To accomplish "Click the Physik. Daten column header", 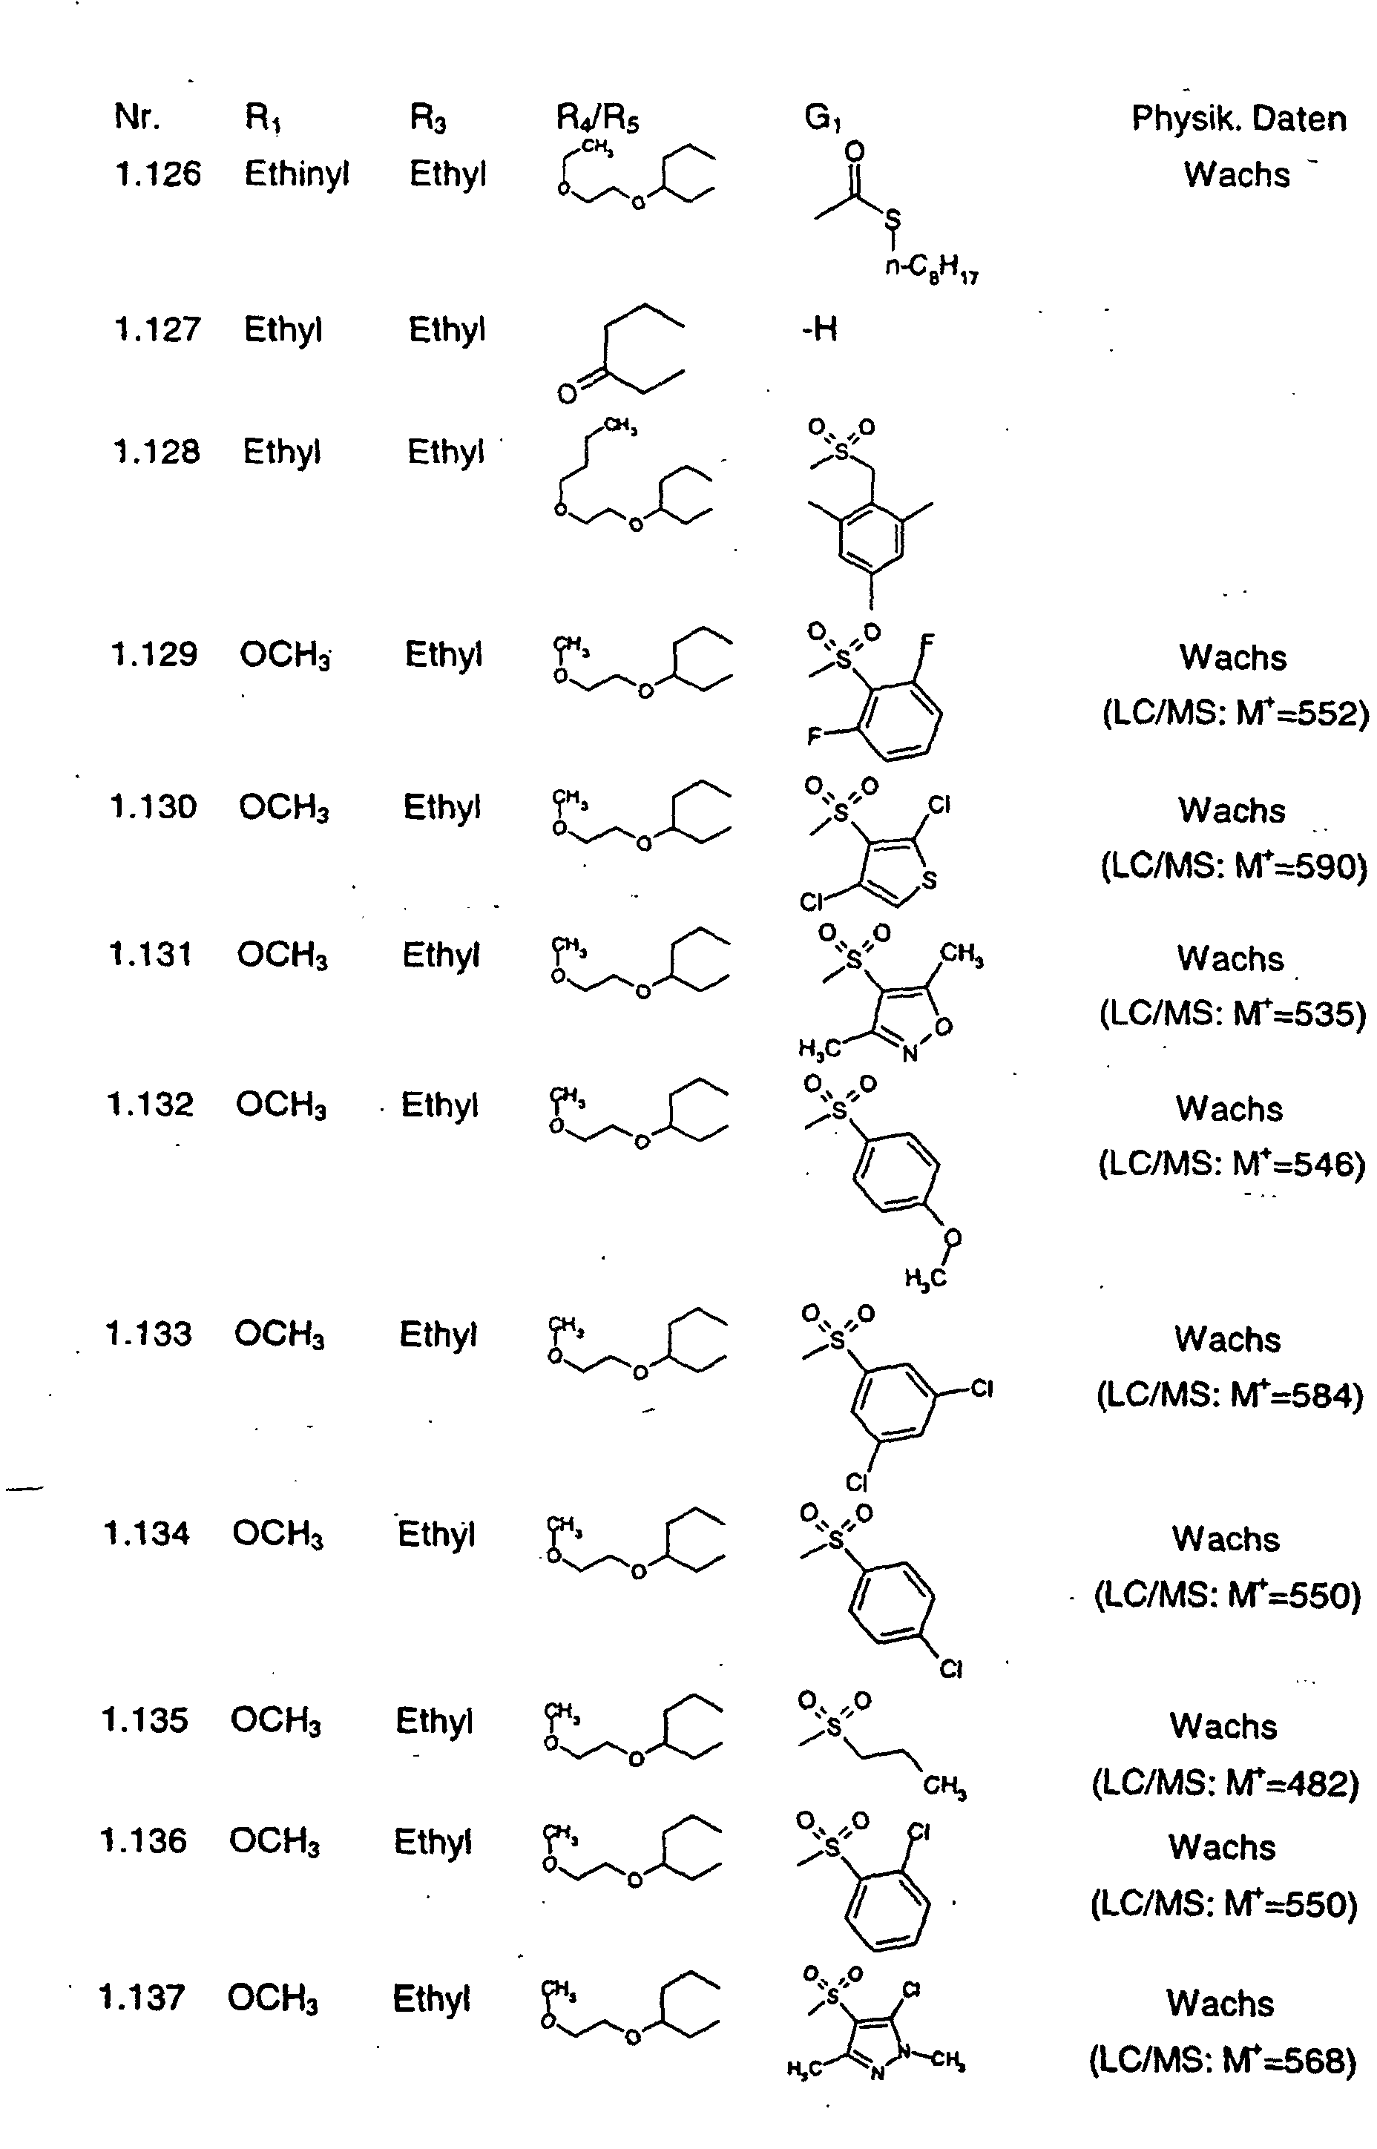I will [x=1238, y=119].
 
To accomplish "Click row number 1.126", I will [x=158, y=174].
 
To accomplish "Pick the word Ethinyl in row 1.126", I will [x=296, y=174].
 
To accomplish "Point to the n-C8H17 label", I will [x=932, y=267].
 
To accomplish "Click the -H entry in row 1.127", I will [x=819, y=330].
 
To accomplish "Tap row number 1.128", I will [x=157, y=452].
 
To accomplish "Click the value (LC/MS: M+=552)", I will [x=1235, y=714].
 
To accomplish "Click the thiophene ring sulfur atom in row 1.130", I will [x=929, y=881].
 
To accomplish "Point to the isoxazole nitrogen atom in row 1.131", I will [x=910, y=1054].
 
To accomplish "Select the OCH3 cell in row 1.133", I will [x=280, y=1335].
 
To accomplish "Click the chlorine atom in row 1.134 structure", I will [x=950, y=1669].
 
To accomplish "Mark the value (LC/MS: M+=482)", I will [x=1225, y=1783].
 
